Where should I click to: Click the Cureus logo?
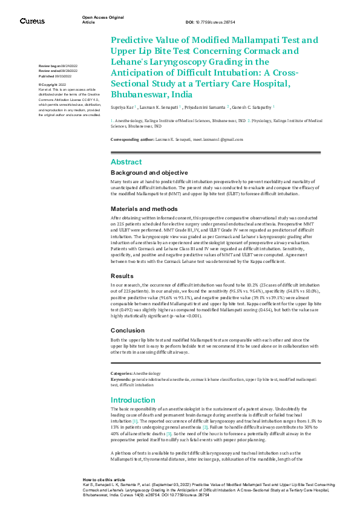pos(31,21)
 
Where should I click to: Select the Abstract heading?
pos(126,162)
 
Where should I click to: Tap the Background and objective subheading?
pos(149,173)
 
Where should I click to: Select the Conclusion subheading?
pos(128,330)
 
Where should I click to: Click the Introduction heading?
pos(133,400)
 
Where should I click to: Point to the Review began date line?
pos(57,65)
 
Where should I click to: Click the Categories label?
pos(121,374)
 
